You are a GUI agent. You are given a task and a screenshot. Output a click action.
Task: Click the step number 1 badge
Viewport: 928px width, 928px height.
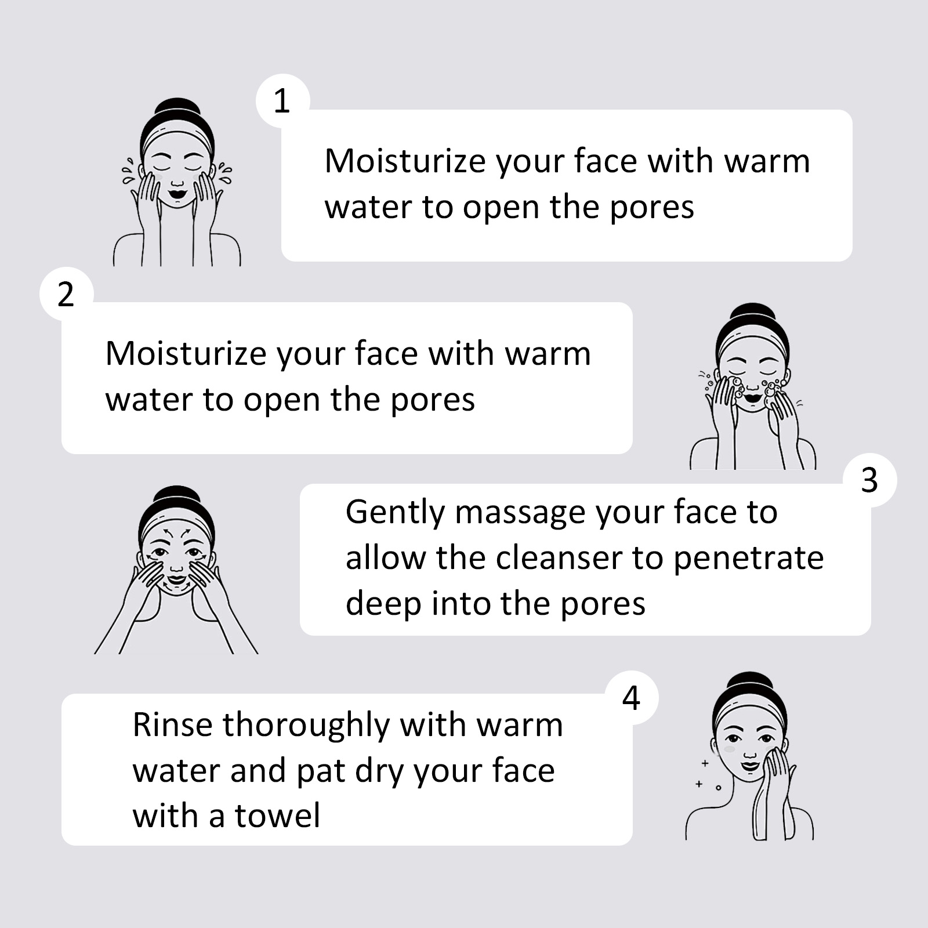click(x=282, y=101)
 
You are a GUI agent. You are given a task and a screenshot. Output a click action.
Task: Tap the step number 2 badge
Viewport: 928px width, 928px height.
click(x=66, y=294)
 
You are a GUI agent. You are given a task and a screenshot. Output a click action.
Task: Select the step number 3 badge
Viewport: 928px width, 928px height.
click(x=869, y=480)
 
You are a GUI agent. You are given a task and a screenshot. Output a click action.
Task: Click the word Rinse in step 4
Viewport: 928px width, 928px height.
click(x=172, y=725)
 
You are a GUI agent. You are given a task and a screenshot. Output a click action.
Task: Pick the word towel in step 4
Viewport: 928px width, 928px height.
click(x=277, y=815)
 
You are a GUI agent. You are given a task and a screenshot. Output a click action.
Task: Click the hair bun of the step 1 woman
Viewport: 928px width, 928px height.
click(x=177, y=111)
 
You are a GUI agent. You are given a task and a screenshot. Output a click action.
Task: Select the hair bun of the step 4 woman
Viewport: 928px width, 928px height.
click(x=751, y=684)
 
